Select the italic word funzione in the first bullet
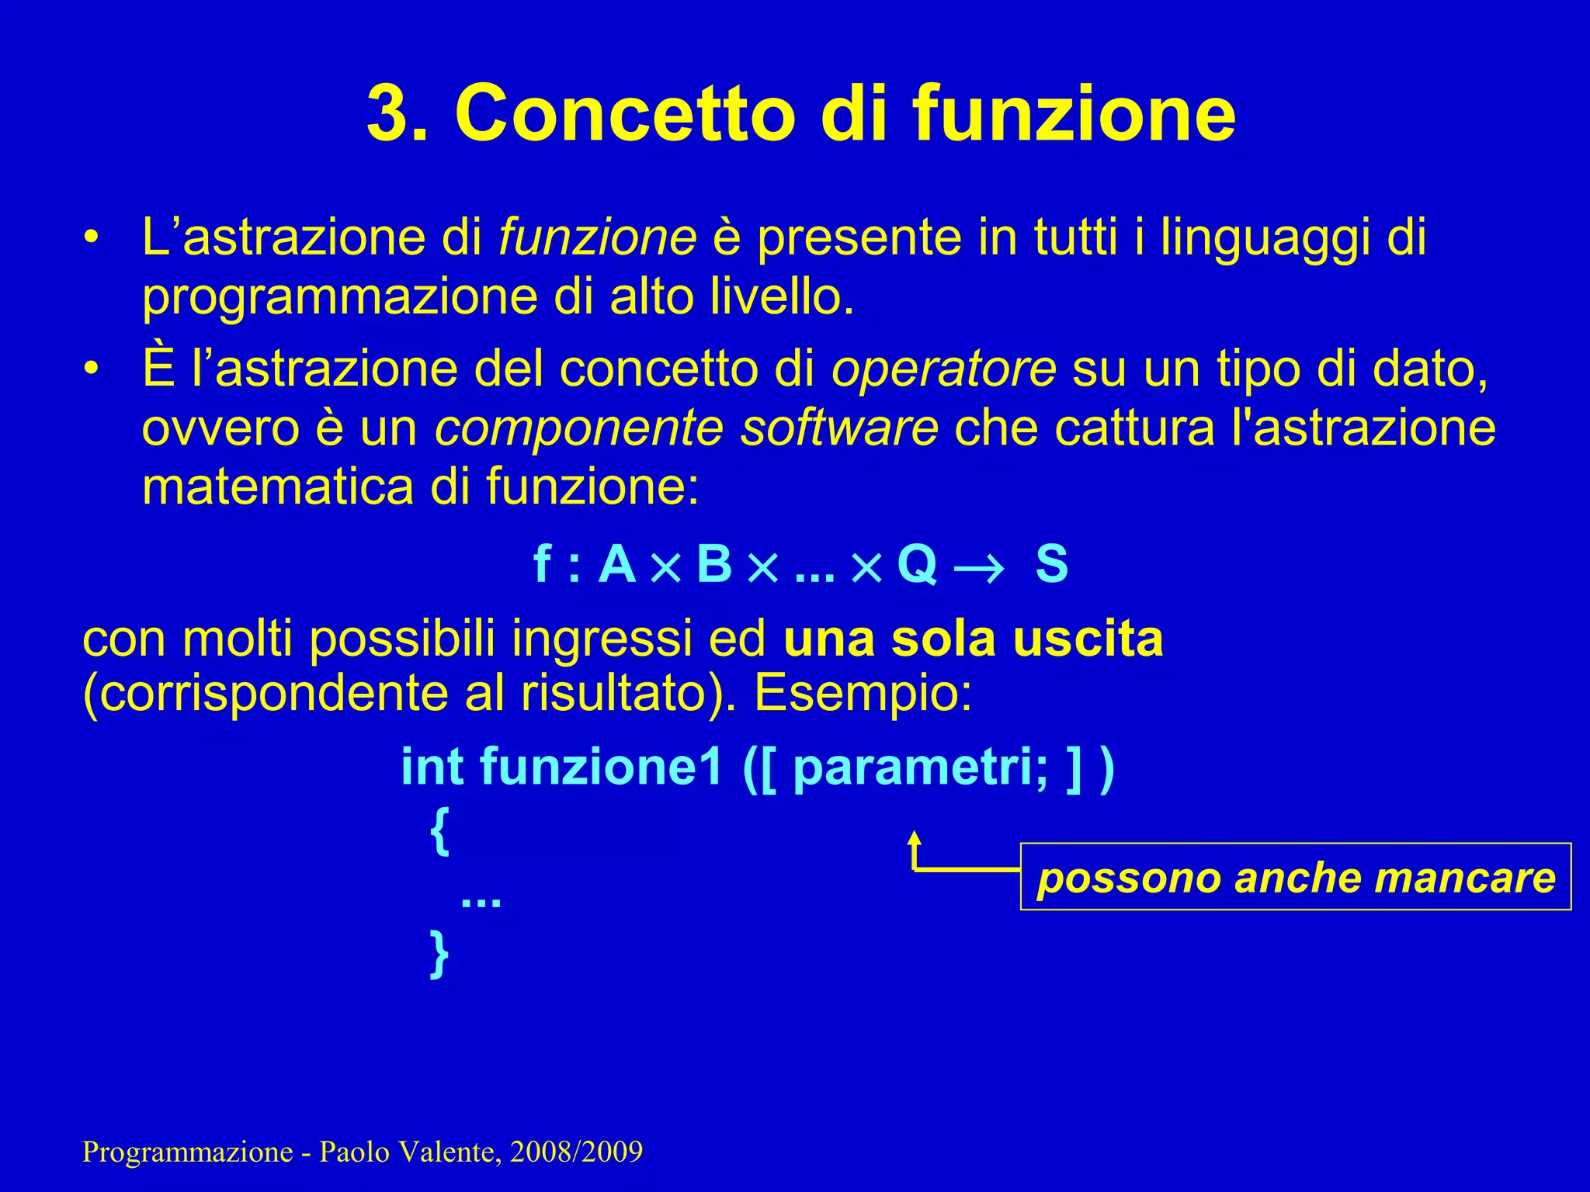coord(597,237)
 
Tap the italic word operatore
coord(943,369)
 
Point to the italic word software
coord(838,428)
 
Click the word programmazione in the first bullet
coord(338,297)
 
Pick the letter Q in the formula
coord(917,564)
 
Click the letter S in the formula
coord(1051,564)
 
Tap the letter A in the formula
coord(617,564)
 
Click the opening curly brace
coord(439,831)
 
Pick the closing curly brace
coord(439,954)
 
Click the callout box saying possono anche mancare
coord(1295,877)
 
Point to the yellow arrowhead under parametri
coord(915,838)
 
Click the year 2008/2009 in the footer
coord(576,1152)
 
